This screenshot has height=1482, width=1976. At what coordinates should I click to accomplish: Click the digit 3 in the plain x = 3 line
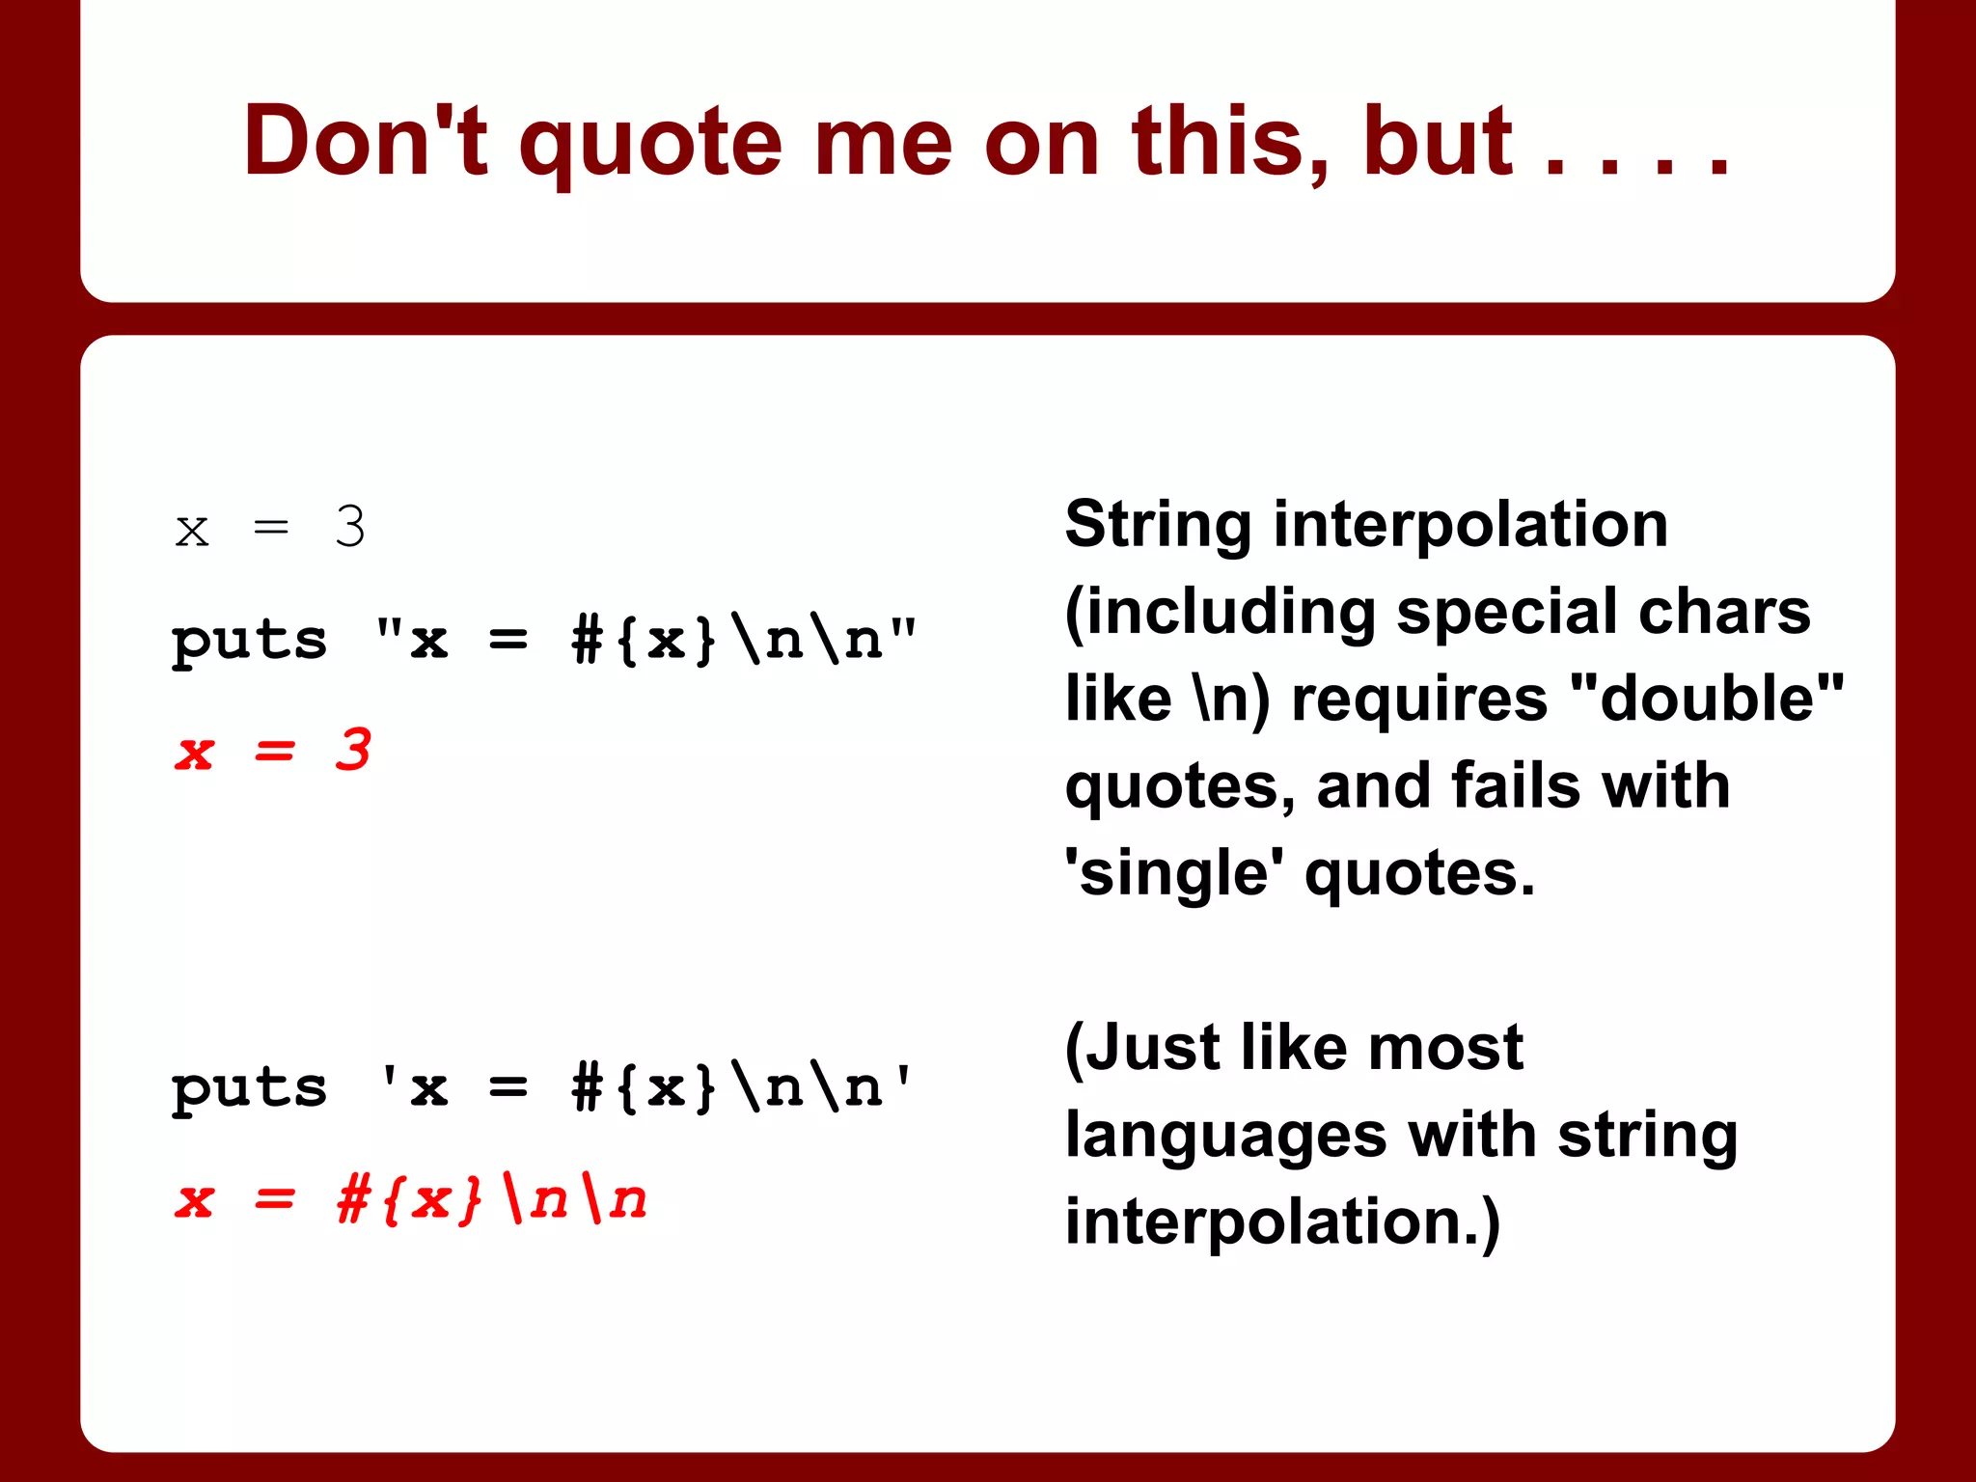pos(350,527)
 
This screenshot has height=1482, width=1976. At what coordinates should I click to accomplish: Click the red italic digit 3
pos(353,750)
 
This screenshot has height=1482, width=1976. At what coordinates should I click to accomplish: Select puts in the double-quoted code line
pos(249,642)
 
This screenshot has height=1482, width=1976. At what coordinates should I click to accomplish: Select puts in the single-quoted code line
pos(249,1089)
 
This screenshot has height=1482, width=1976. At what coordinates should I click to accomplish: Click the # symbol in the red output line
pos(353,1200)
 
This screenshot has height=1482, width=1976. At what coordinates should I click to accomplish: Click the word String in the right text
pos(1157,525)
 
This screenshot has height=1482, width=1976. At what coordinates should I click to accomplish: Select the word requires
pos(1419,700)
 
